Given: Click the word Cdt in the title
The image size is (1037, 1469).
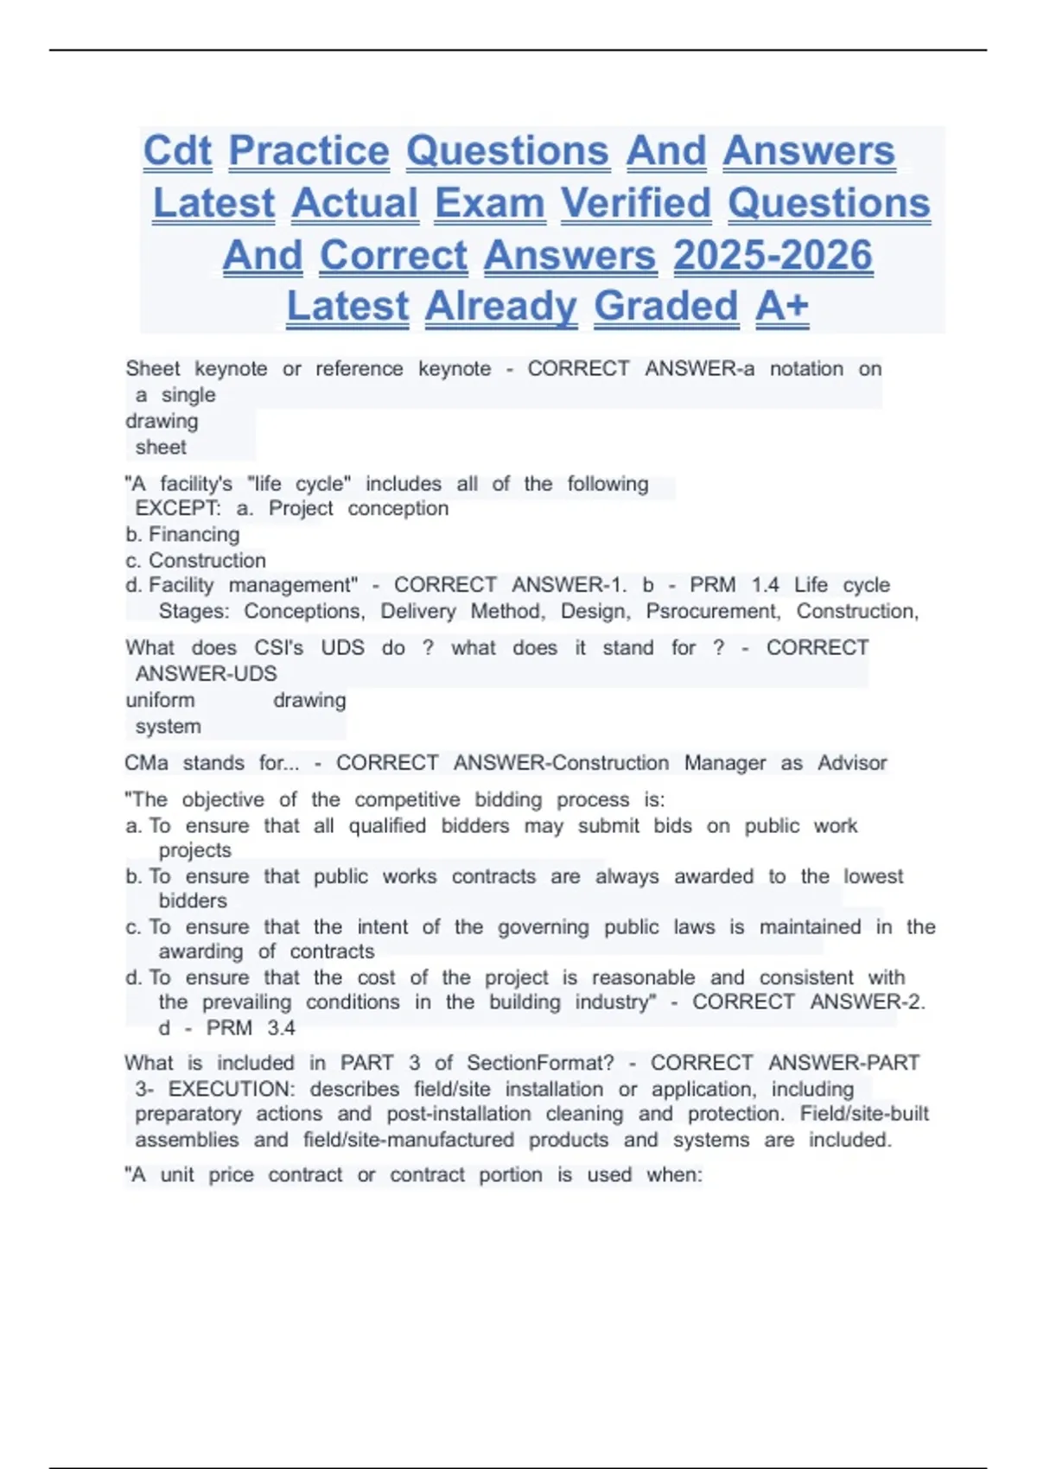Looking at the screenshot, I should [177, 151].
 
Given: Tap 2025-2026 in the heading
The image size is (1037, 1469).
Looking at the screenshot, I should [773, 256].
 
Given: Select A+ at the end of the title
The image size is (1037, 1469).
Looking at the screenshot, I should [782, 306].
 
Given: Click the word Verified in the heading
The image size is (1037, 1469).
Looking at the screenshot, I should [636, 204].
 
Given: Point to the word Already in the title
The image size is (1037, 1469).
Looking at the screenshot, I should [500, 306].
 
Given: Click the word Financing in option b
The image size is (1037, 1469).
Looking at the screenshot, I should [194, 535].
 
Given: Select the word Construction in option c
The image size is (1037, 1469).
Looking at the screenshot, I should [207, 561].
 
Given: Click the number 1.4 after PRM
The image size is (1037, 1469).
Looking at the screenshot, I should [765, 585].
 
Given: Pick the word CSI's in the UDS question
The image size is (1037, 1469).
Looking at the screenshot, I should [278, 648].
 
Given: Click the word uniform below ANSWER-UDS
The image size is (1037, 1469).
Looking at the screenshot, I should [160, 701].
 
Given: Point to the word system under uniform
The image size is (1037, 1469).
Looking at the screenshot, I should [168, 727].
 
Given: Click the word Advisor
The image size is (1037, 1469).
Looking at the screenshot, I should [852, 763].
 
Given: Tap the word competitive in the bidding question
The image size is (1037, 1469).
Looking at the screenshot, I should [405, 800].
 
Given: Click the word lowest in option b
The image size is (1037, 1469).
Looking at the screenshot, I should [873, 876].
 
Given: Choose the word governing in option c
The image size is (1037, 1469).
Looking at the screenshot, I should [543, 927].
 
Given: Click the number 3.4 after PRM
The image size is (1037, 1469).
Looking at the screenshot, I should [281, 1028].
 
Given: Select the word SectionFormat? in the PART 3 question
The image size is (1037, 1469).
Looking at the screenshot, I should [540, 1063].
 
